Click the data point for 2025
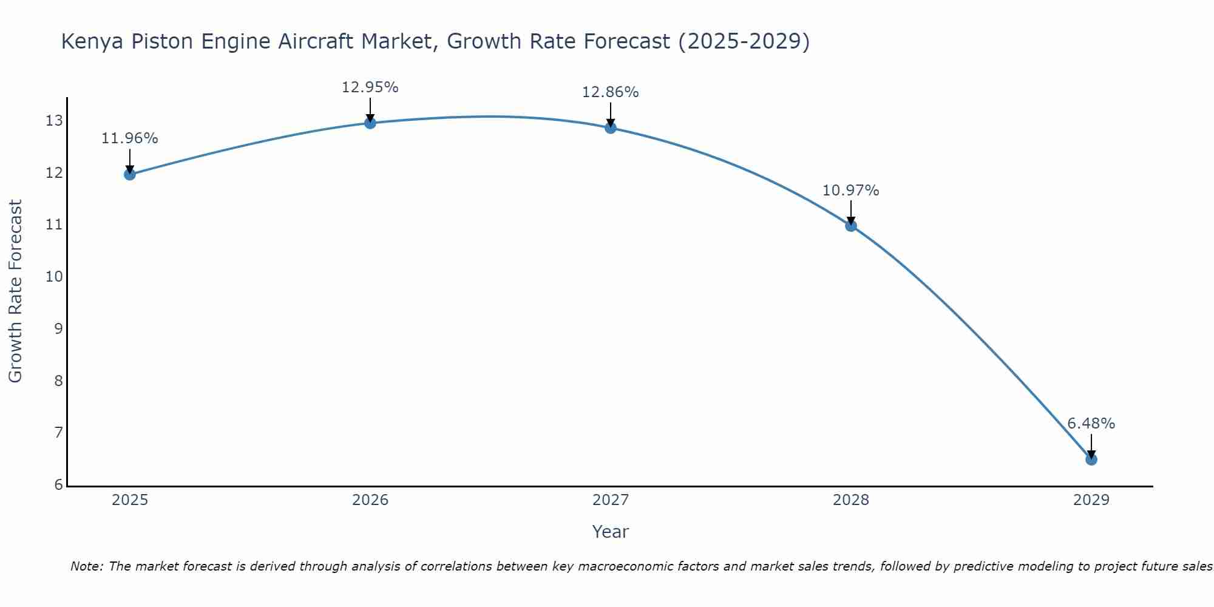point(129,174)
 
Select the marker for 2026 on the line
point(370,123)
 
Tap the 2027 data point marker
point(610,127)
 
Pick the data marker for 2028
point(850,226)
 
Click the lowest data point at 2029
point(1091,459)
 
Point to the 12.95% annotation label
point(370,87)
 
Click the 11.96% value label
point(129,138)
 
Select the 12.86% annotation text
point(610,92)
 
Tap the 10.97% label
point(850,191)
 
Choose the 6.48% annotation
point(1091,424)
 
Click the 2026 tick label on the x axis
point(370,500)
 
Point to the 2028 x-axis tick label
point(850,500)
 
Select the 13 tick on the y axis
point(54,121)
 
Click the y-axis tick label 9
point(58,329)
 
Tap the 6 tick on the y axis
point(58,484)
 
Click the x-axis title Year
point(610,532)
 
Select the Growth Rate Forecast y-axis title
point(15,291)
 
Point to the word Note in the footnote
point(87,566)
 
